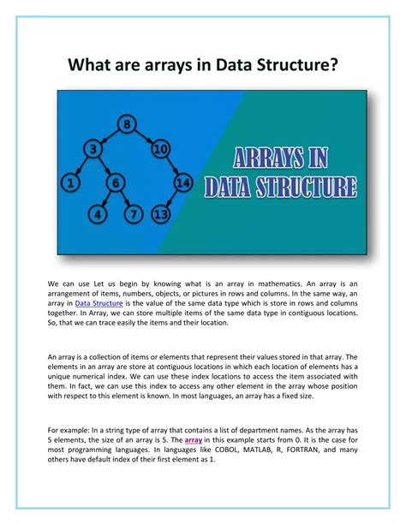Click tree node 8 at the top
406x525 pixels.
tap(128, 125)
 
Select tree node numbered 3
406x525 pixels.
tap(93, 151)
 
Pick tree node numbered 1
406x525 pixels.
tap(69, 182)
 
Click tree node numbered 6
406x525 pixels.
tap(116, 182)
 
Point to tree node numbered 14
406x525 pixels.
tap(182, 182)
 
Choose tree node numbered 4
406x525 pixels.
tap(99, 214)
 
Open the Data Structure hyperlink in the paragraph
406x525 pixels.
tap(99, 303)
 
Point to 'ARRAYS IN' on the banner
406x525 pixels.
tap(285, 160)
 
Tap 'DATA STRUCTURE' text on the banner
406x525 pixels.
tap(284, 186)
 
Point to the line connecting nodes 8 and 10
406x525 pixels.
tap(145, 138)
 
